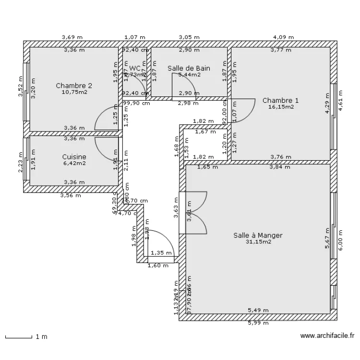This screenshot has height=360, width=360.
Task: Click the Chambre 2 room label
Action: (x=74, y=86)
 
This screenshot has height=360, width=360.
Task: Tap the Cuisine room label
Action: (x=74, y=156)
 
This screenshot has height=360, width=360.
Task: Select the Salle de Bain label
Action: (x=189, y=69)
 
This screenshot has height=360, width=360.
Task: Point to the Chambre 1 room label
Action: (x=280, y=100)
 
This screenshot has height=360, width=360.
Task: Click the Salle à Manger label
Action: (x=258, y=235)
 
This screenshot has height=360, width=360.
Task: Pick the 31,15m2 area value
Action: (x=258, y=242)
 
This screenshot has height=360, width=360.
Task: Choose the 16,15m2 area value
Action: (x=280, y=107)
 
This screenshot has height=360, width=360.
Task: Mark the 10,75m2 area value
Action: (x=74, y=92)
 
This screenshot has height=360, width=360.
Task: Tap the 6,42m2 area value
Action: (x=74, y=163)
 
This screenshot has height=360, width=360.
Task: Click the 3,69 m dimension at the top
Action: (x=72, y=37)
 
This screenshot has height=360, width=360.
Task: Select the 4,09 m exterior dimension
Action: (x=283, y=37)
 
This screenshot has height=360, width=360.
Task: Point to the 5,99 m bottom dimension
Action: (x=258, y=323)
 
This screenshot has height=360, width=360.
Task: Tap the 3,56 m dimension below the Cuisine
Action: (x=71, y=195)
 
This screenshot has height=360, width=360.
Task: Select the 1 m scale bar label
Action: (x=41, y=336)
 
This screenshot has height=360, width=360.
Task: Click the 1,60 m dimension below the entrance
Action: (x=158, y=265)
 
